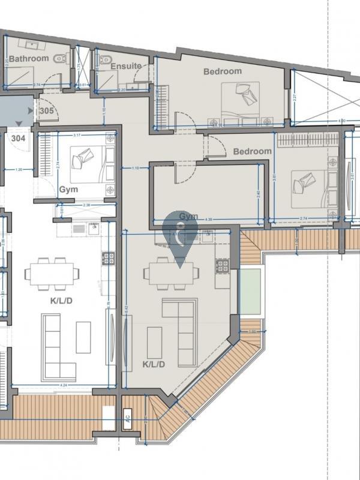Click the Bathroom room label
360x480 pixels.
[29, 59]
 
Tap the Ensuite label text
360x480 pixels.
[126, 66]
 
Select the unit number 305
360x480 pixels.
[46, 111]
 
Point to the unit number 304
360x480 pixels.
[19, 137]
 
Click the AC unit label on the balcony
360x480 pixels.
[127, 414]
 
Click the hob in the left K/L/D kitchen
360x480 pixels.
[108, 259]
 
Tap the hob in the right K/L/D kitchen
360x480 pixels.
[223, 265]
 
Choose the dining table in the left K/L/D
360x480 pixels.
[52, 274]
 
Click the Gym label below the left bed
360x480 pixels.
[69, 190]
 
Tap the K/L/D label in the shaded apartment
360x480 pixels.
[154, 364]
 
